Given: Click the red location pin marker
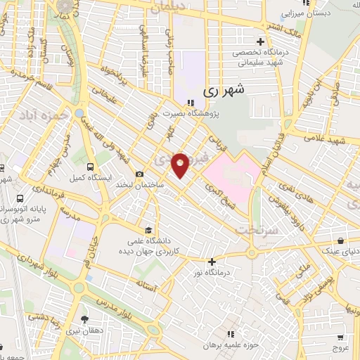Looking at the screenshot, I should (180, 165).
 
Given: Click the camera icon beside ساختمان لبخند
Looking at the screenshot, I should (139, 174).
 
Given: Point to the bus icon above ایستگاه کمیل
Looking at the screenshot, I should (90, 167).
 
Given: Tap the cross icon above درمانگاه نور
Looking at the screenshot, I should (212, 262).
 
